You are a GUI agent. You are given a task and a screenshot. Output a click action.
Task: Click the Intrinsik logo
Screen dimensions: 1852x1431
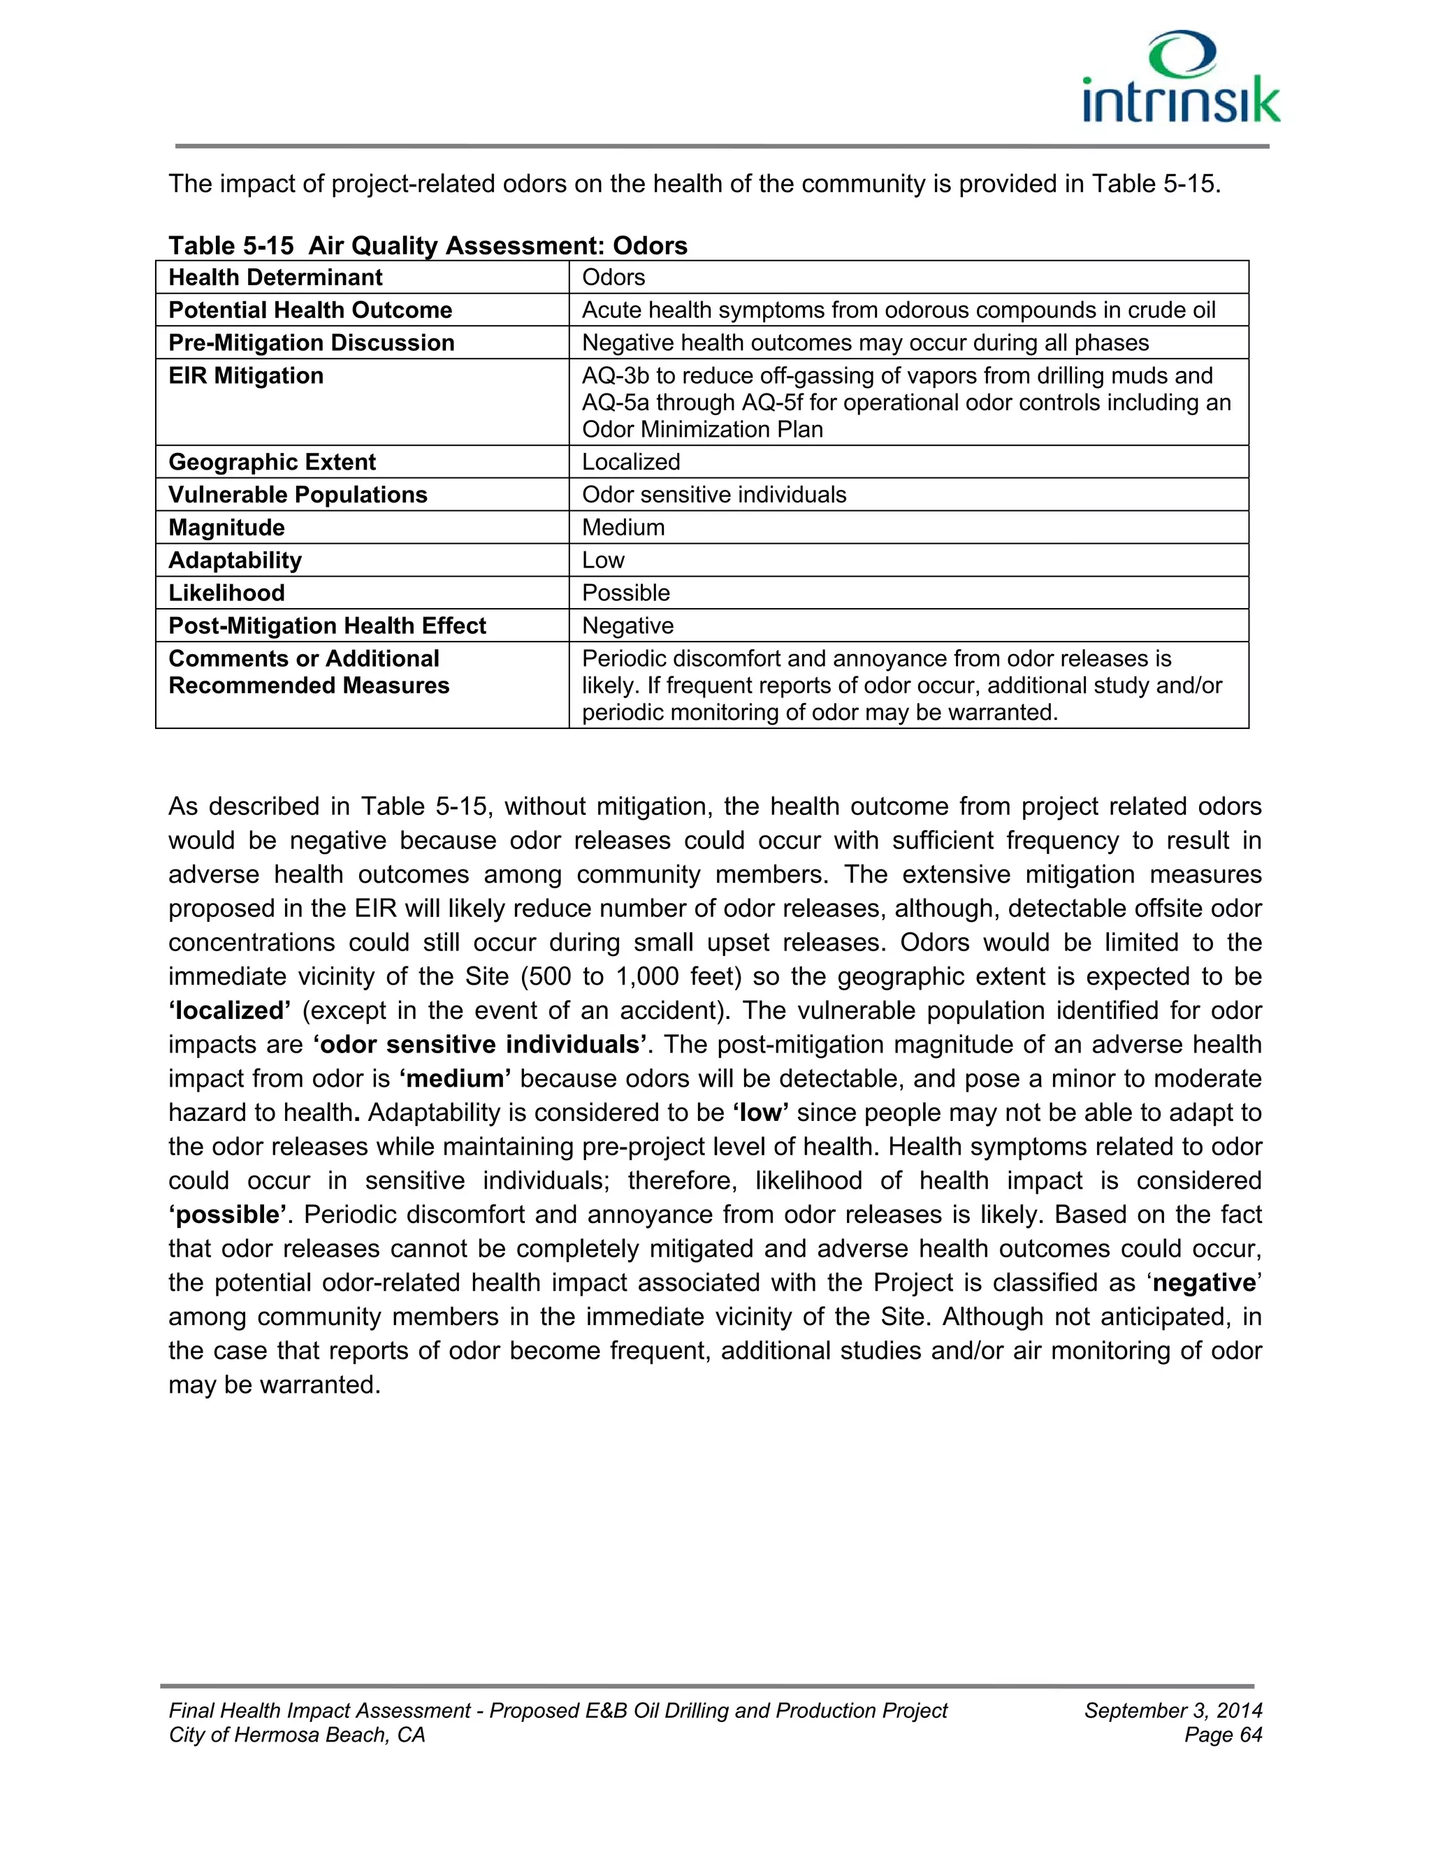[1181, 78]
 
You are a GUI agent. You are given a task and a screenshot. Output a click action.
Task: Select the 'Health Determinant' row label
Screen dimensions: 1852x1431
[275, 277]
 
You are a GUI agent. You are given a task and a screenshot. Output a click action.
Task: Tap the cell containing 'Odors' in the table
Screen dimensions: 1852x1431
[613, 277]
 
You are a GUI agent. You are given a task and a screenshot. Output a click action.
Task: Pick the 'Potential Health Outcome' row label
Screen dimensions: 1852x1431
[310, 310]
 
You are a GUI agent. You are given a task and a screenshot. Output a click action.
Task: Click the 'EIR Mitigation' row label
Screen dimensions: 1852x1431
[246, 376]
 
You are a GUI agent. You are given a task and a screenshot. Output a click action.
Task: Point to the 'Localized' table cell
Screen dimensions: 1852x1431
[631, 462]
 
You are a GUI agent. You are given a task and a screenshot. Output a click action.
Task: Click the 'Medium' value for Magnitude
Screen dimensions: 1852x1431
[623, 528]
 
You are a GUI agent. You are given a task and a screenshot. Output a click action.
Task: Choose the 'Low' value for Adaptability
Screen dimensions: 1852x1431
[603, 560]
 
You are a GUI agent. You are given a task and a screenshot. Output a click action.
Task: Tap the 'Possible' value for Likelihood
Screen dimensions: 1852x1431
[625, 593]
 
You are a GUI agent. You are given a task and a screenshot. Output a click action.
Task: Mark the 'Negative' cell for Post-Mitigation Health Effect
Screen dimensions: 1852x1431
[627, 625]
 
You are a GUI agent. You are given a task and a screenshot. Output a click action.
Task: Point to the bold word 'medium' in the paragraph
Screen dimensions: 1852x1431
[456, 1078]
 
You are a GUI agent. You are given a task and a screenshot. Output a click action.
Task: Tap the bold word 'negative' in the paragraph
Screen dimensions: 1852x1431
[1203, 1282]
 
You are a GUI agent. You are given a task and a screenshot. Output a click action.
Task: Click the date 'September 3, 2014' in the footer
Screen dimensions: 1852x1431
[1173, 1710]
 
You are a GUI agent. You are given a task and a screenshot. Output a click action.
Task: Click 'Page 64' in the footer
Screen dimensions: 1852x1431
[1223, 1735]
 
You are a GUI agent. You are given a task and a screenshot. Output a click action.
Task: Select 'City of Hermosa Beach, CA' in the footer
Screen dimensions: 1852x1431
[297, 1735]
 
